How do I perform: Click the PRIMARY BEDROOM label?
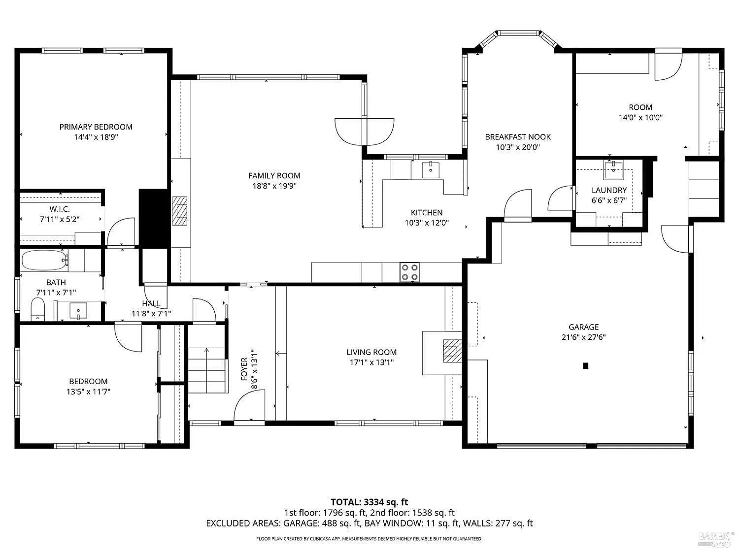coord(96,127)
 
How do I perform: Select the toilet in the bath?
coord(38,309)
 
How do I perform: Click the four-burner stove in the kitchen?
coord(410,272)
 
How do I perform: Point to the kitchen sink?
coord(431,170)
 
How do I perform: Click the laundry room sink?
coord(613,169)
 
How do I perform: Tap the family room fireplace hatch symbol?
coord(180,211)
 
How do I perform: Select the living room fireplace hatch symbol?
coord(452,351)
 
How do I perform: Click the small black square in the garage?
coord(585,365)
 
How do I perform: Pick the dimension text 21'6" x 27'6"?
coord(583,337)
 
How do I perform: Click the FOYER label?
coord(244,369)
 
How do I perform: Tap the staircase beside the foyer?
coord(206,370)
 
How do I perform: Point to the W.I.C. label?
coord(60,209)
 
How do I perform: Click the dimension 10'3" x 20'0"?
coord(518,147)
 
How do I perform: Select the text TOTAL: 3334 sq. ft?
coord(369,502)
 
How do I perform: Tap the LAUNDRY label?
coord(609,190)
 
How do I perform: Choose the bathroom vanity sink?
coord(78,310)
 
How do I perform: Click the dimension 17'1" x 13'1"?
coord(371,362)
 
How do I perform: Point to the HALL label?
coord(151,303)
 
